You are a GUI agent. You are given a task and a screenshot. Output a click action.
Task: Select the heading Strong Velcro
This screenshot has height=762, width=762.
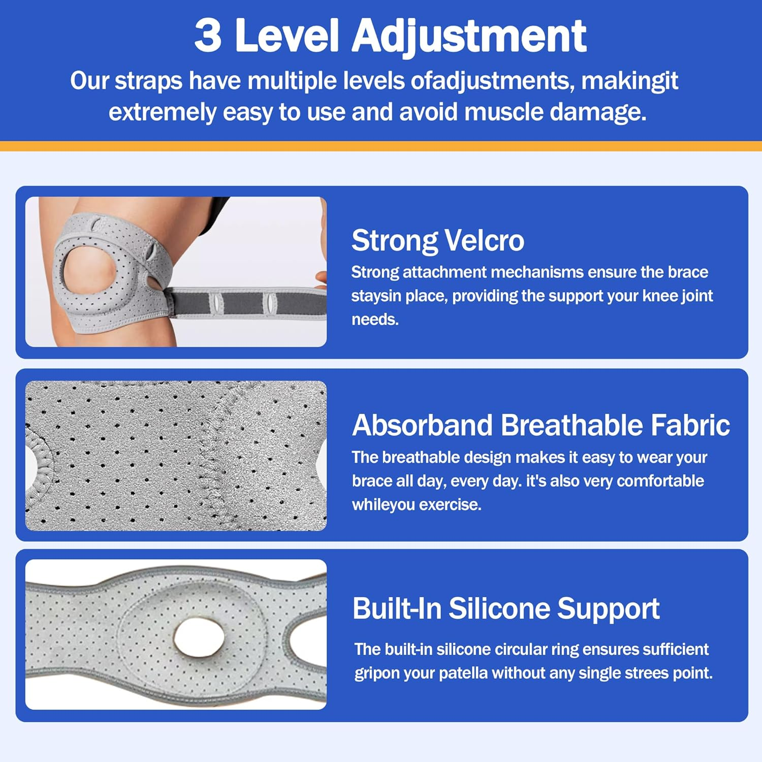point(437,240)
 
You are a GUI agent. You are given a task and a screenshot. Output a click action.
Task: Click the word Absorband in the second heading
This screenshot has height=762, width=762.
point(422,425)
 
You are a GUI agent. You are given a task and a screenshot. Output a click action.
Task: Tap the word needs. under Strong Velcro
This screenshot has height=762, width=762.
point(375,320)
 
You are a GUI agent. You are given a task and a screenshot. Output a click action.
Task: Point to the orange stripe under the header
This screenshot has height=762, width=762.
point(381,146)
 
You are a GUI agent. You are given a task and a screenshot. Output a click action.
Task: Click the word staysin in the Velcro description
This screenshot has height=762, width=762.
point(373,296)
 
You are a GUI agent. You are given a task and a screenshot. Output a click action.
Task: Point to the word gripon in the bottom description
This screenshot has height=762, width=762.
point(374,674)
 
